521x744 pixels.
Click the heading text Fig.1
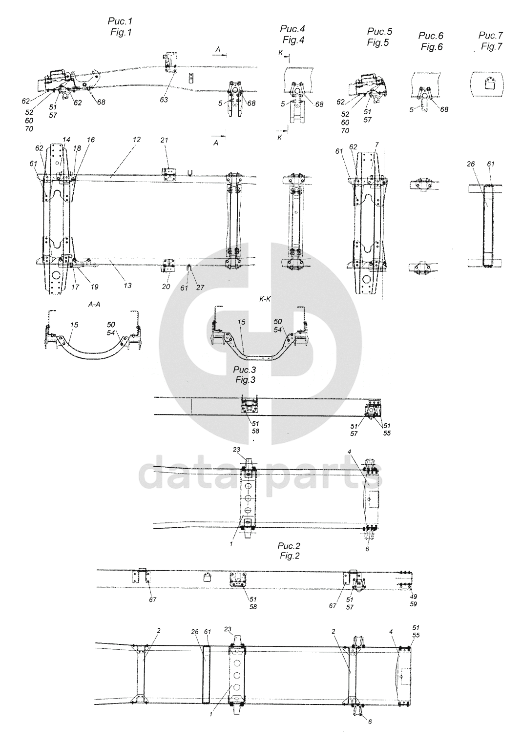(121, 33)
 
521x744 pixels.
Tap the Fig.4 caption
(293, 40)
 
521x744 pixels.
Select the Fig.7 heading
(492, 46)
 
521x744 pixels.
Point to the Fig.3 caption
(245, 380)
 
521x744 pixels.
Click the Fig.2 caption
(290, 556)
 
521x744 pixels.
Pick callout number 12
(137, 140)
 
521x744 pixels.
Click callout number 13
(127, 285)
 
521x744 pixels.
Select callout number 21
(165, 141)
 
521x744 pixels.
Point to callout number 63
(164, 100)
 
